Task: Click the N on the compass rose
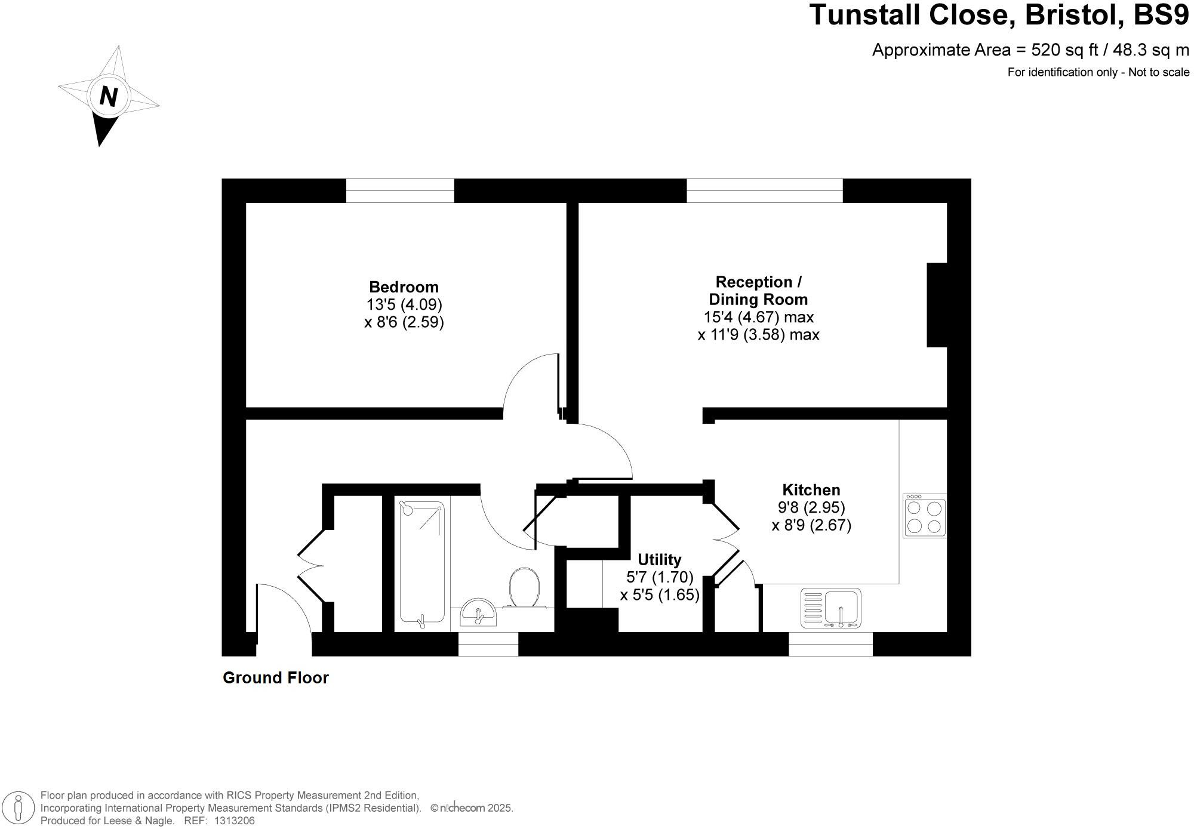(x=108, y=95)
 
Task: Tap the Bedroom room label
(x=404, y=287)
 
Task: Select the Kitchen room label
(x=811, y=490)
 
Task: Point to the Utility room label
(x=659, y=560)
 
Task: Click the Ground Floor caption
(x=275, y=678)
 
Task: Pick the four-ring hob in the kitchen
(x=924, y=516)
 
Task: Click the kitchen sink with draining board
(x=830, y=608)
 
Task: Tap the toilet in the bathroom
(x=525, y=588)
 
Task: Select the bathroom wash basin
(x=478, y=612)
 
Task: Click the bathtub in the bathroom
(x=422, y=562)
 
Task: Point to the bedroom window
(x=400, y=191)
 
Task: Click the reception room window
(x=764, y=191)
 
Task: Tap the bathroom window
(x=488, y=645)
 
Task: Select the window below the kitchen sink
(x=830, y=645)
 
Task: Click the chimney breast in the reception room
(x=937, y=305)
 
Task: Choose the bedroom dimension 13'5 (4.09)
(x=404, y=305)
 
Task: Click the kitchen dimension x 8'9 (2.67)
(x=811, y=525)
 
